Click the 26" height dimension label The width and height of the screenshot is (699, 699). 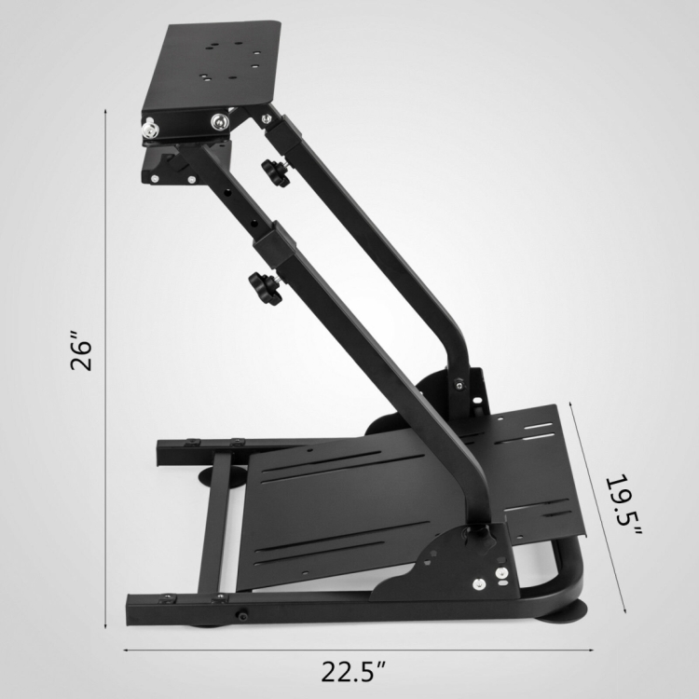(81, 349)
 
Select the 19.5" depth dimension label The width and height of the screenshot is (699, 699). (624, 505)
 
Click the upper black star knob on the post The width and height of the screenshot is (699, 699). (276, 173)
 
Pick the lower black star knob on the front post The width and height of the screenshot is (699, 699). (266, 288)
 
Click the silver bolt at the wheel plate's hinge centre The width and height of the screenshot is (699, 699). (219, 121)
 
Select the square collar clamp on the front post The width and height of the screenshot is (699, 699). (275, 244)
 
